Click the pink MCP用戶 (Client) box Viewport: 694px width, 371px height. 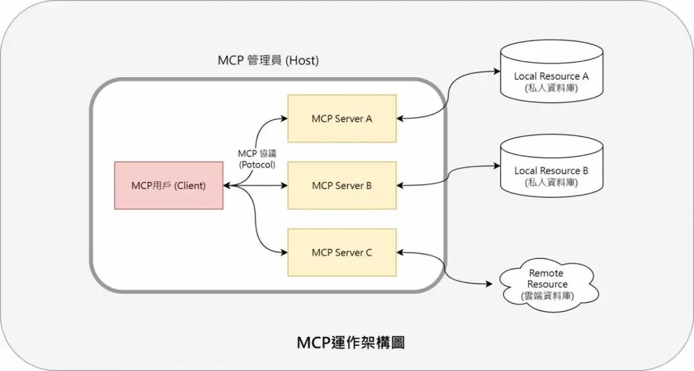(x=168, y=186)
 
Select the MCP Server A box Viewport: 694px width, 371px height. (x=342, y=119)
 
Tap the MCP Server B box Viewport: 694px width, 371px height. (x=342, y=186)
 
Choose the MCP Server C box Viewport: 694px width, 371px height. (x=342, y=253)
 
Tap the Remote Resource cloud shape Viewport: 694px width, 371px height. (x=547, y=284)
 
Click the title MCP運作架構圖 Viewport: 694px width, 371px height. (x=351, y=343)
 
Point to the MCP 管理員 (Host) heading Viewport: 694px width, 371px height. (x=269, y=61)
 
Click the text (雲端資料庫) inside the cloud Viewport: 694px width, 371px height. (x=547, y=296)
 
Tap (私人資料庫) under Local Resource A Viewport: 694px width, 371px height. (x=551, y=87)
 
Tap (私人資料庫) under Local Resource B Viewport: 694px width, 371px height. (x=551, y=183)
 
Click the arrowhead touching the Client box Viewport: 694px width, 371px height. (x=227, y=186)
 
